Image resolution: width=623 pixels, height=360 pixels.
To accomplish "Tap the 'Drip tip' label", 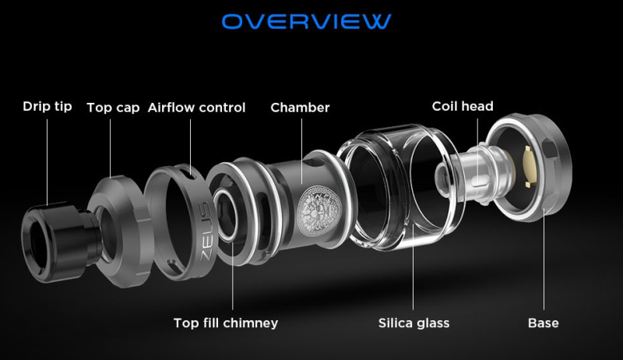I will [47, 107].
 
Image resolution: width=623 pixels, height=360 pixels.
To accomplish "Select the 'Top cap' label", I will [113, 108].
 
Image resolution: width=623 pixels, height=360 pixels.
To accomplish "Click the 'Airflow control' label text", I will [196, 108].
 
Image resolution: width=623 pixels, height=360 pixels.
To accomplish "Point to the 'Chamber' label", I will [300, 108].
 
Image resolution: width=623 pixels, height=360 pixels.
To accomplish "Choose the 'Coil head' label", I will [463, 106].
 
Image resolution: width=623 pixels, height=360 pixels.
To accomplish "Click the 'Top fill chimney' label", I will [225, 323].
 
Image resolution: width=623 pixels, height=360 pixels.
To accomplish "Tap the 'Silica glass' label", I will [414, 323].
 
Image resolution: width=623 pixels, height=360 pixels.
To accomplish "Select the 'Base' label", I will [543, 323].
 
